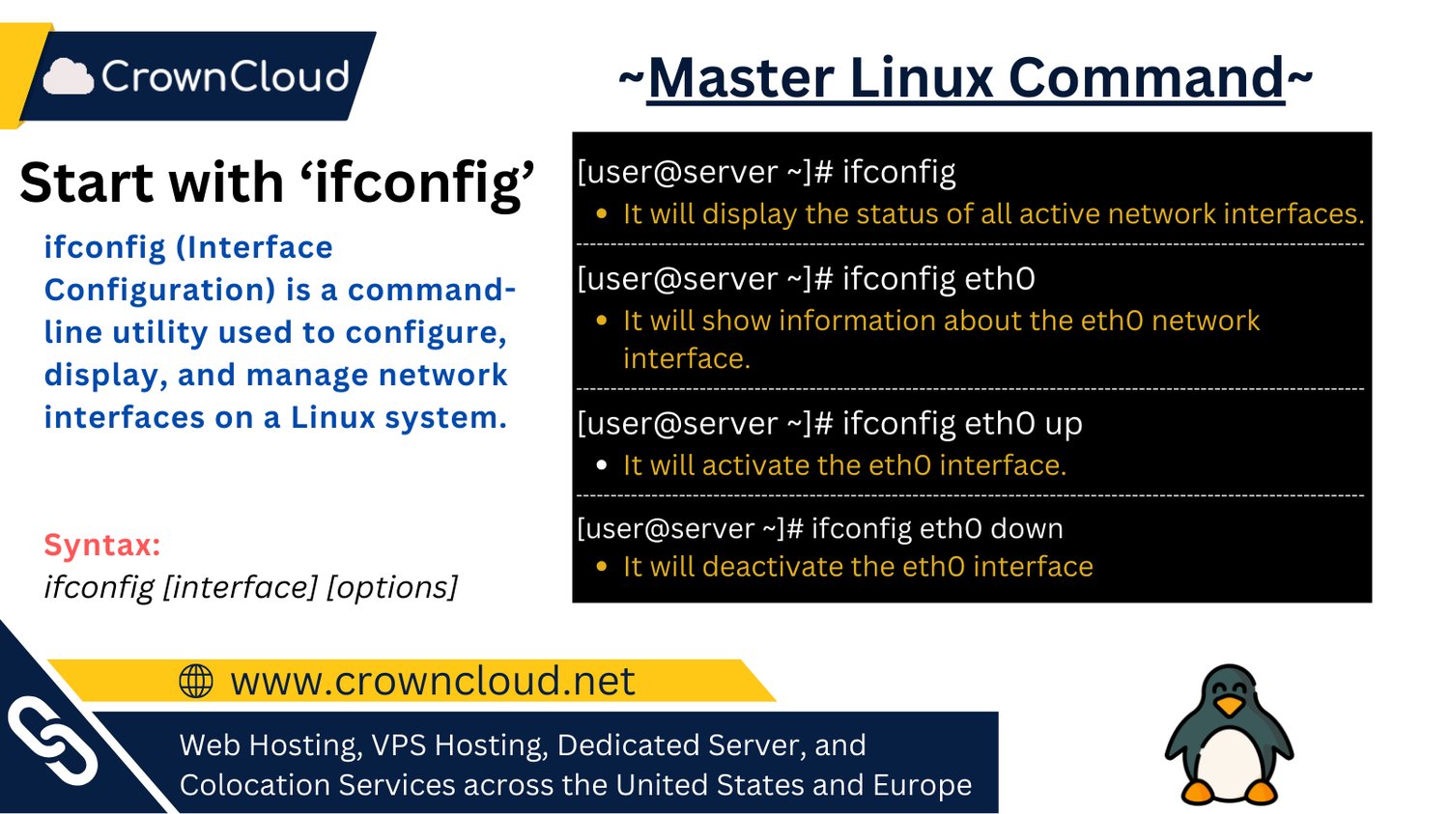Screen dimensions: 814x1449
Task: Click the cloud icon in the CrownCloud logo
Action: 69,76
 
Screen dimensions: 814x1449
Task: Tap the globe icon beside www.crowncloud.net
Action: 196,681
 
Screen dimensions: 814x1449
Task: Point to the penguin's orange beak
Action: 1229,707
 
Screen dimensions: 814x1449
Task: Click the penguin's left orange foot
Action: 1199,792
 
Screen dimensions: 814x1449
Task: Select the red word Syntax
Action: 101,545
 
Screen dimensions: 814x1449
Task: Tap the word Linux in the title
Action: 923,78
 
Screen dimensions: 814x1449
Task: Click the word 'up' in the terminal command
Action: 1063,423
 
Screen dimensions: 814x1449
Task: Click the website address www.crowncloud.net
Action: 432,681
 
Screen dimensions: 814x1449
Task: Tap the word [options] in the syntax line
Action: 392,587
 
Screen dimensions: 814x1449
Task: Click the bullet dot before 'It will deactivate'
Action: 602,567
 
